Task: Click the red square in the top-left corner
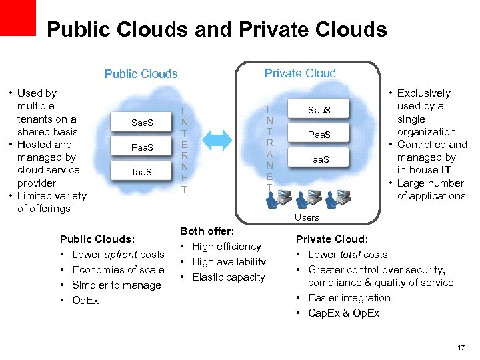pyautogui.click(x=17, y=17)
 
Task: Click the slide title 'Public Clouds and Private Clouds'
pyautogui.click(x=217, y=30)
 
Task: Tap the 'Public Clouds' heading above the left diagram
pyautogui.click(x=141, y=73)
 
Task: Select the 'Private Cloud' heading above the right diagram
pyautogui.click(x=300, y=73)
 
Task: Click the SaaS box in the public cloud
pyautogui.click(x=142, y=123)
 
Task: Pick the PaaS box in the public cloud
pyautogui.click(x=142, y=147)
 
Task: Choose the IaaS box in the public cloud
pyautogui.click(x=142, y=172)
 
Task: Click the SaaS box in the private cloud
pyautogui.click(x=319, y=109)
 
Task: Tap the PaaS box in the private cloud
pyautogui.click(x=319, y=135)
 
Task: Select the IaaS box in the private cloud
pyautogui.click(x=319, y=159)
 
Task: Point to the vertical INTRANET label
pyautogui.click(x=268, y=147)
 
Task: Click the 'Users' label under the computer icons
pyautogui.click(x=307, y=217)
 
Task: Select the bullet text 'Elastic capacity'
pyautogui.click(x=228, y=277)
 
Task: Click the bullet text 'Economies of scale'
pyautogui.click(x=117, y=269)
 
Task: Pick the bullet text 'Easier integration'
pyautogui.click(x=349, y=298)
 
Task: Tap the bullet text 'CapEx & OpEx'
pyautogui.click(x=343, y=313)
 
